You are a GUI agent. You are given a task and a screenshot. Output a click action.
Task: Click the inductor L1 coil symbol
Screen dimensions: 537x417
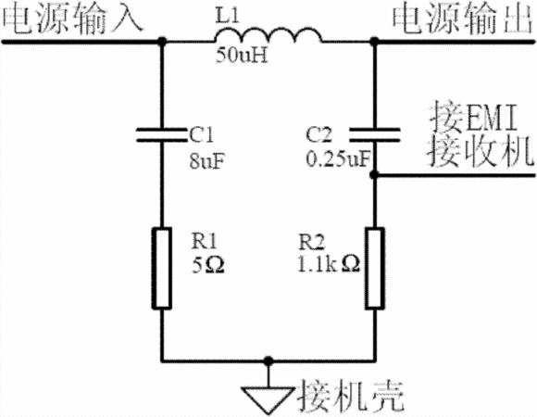click(x=268, y=35)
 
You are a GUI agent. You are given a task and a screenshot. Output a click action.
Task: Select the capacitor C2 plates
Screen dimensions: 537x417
click(x=375, y=134)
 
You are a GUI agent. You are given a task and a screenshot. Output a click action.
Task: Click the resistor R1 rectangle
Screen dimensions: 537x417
click(x=162, y=268)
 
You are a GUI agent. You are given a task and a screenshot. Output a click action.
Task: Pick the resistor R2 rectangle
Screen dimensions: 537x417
click(x=375, y=268)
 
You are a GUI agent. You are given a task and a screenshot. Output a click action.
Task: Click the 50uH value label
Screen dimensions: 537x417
click(x=242, y=56)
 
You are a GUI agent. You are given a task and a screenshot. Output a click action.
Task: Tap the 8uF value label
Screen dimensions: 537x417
click(x=206, y=160)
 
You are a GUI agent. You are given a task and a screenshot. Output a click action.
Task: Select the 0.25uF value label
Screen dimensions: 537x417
click(x=339, y=159)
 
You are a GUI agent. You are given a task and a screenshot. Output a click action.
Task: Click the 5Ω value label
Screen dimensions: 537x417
click(x=208, y=265)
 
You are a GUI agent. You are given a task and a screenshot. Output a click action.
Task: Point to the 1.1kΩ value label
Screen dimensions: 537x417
click(x=329, y=264)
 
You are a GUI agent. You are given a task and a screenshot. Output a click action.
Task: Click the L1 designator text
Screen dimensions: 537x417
click(x=227, y=16)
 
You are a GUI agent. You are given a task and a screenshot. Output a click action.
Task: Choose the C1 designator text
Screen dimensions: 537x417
click(x=202, y=134)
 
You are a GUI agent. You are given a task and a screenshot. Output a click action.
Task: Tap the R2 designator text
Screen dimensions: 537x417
click(x=311, y=243)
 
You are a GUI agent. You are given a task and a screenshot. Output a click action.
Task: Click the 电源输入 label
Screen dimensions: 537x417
click(x=72, y=19)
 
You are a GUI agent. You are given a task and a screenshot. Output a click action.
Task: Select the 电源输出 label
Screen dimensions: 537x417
click(x=463, y=19)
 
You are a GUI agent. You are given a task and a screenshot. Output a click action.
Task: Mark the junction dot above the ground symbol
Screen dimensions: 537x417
click(x=268, y=360)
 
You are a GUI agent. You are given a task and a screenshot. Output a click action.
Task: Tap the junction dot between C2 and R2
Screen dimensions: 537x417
click(x=375, y=175)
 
